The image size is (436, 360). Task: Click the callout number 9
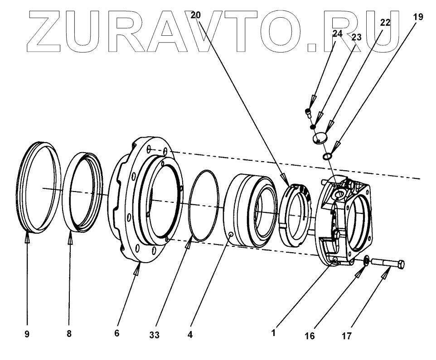pos(27,334)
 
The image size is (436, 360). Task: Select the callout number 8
pos(69,334)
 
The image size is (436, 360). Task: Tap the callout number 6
pos(117,334)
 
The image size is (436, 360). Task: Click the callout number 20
pos(195,15)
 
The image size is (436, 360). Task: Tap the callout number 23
pos(356,37)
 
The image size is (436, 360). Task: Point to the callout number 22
pos(385,22)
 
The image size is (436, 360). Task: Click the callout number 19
pos(418,17)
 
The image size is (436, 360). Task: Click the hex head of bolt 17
pos(401,264)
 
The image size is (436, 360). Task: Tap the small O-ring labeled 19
pos(327,157)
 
